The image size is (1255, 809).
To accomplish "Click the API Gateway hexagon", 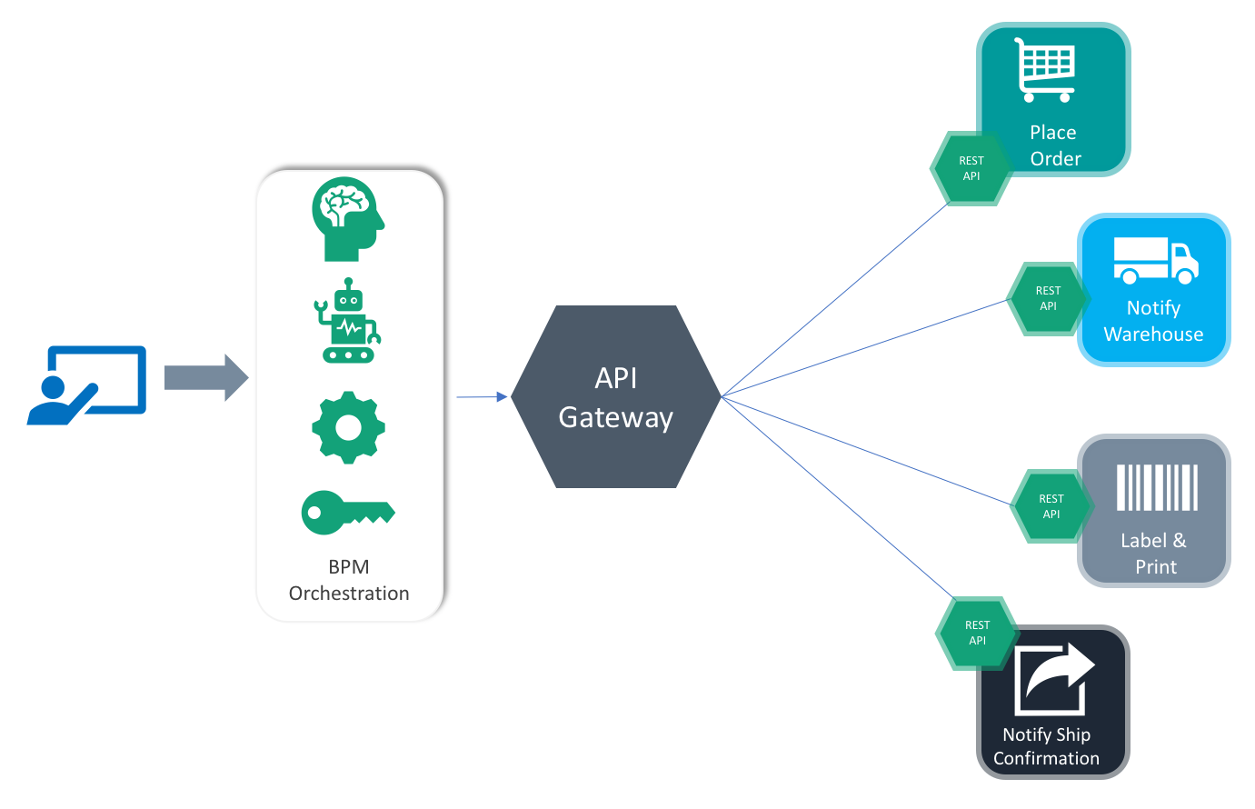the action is (616, 396).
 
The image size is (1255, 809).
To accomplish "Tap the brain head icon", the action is (348, 219).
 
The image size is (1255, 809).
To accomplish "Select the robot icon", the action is (348, 321).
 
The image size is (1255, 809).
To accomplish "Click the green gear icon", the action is (348, 427).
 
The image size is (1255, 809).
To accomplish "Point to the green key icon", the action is (348, 513).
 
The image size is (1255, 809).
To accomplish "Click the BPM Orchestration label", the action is (348, 580).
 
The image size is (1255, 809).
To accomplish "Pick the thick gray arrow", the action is (206, 377).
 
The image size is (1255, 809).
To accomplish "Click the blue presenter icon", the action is (87, 385).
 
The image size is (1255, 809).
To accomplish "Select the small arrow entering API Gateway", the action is (482, 396).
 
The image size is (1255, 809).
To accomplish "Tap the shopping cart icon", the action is (1045, 70).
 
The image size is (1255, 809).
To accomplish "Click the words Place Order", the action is (1054, 145).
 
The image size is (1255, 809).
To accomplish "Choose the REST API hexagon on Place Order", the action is (971, 168).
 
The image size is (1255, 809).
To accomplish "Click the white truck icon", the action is (1156, 261).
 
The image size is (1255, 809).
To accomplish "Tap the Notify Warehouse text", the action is (1153, 321).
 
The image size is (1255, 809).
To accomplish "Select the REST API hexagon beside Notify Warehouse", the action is (1048, 299).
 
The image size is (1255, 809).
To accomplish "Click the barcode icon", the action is (1157, 487).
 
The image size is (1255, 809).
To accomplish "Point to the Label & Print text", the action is (1154, 553).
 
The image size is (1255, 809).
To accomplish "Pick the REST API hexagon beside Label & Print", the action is (1051, 506).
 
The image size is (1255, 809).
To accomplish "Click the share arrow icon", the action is (1053, 679).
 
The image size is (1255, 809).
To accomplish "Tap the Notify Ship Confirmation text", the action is (1046, 745).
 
